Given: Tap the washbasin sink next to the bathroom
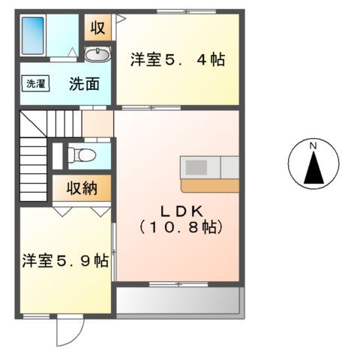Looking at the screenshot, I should (x=97, y=54).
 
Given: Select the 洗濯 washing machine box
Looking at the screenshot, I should (x=35, y=84).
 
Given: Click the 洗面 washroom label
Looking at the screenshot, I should (x=84, y=84).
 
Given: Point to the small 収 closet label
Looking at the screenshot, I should (x=97, y=28).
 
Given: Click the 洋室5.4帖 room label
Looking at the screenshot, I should (x=177, y=59).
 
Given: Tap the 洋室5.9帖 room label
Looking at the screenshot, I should (x=64, y=261).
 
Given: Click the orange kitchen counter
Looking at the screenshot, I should (x=209, y=184).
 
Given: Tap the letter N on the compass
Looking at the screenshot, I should (x=314, y=145).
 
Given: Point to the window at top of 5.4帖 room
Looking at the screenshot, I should (x=177, y=12).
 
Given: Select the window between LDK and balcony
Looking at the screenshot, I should (x=169, y=283).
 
